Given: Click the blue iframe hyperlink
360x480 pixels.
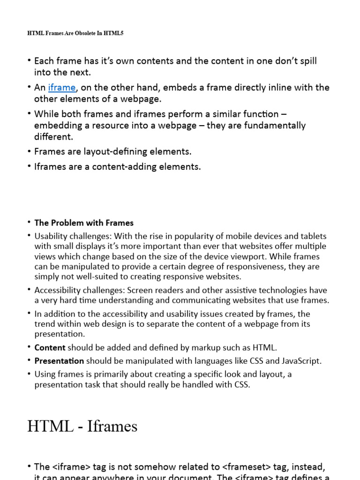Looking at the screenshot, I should click(x=61, y=88).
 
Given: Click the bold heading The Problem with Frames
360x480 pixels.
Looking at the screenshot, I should click(x=84, y=223).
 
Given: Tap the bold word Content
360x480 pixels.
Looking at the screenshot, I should click(x=50, y=348).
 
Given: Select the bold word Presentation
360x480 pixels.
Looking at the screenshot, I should click(x=59, y=361).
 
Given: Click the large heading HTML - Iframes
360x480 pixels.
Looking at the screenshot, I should click(x=82, y=426).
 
